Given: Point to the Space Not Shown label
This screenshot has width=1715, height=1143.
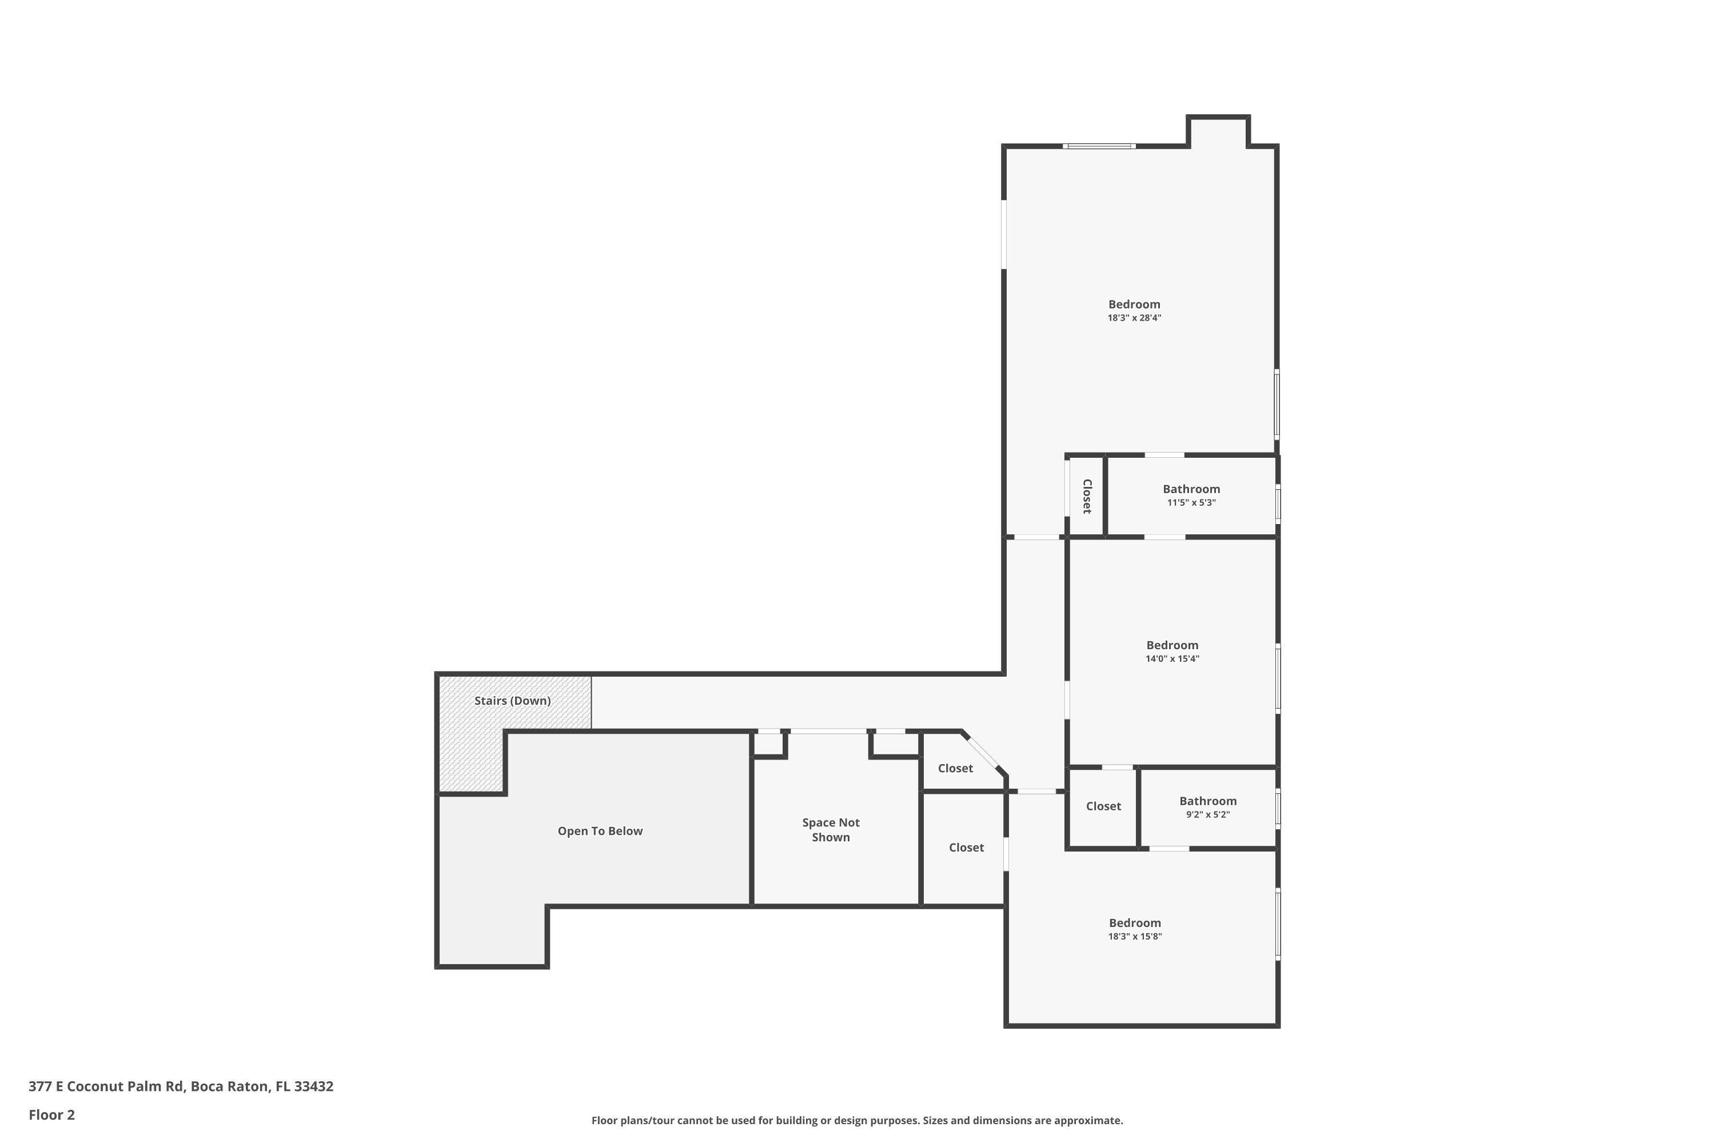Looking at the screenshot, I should [x=831, y=830].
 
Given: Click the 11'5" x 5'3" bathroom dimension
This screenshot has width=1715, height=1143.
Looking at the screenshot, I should [x=1191, y=503].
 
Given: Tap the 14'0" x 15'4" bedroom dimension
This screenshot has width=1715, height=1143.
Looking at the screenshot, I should [x=1172, y=659].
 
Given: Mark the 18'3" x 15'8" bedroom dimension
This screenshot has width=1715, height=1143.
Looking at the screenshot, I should [x=1135, y=937].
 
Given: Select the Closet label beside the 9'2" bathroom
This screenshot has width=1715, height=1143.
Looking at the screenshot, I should [x=1103, y=806].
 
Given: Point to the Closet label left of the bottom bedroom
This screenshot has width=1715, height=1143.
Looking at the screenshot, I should [x=966, y=848].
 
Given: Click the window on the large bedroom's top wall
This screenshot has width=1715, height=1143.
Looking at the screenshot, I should [x=1099, y=146].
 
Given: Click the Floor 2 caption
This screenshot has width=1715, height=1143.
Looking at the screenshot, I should [x=52, y=1114].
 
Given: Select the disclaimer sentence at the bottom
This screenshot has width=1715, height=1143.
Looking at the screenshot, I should [x=857, y=1120].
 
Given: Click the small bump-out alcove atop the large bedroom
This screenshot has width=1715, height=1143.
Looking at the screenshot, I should [x=1218, y=132].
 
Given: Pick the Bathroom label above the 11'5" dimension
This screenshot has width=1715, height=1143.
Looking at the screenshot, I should [x=1191, y=489].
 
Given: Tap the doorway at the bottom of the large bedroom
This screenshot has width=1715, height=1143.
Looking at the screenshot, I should [x=1037, y=537].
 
